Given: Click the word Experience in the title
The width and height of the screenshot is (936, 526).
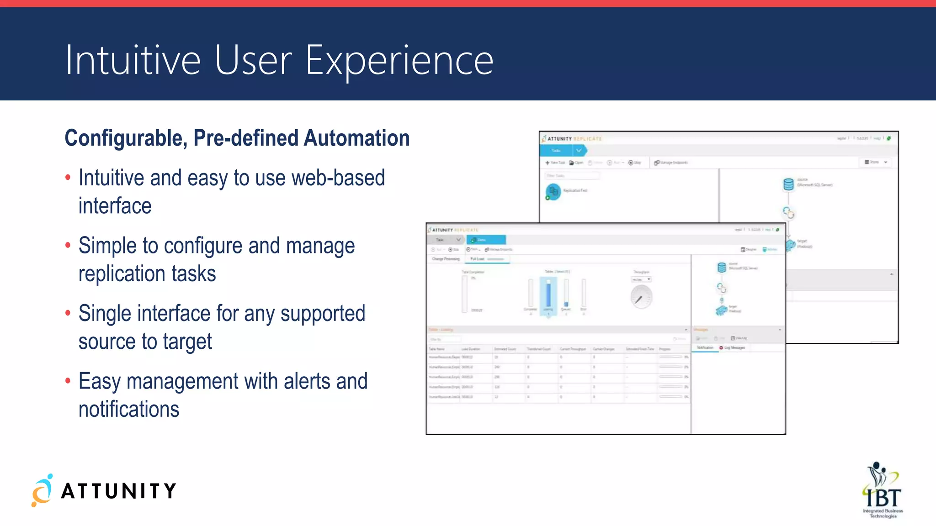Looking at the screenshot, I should coord(399,61).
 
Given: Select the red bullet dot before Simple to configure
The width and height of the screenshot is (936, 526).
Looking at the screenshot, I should coord(68,246).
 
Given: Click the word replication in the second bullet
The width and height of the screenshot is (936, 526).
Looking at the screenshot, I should coord(122,274).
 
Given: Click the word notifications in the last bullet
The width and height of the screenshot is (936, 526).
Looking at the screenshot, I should coord(129,410).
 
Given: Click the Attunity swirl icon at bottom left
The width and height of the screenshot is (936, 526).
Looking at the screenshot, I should coord(42,491).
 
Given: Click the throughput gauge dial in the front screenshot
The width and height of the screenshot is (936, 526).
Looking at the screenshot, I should coord(641,297).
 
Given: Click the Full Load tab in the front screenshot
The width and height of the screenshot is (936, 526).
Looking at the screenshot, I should coord(478,259).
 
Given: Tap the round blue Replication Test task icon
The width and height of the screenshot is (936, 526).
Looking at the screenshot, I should coord(553,191).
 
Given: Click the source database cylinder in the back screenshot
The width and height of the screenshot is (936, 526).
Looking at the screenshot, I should coord(788,184).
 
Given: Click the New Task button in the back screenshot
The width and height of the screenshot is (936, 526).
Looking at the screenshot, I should coord(555,163).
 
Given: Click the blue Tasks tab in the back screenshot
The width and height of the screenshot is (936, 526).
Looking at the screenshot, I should coord(556,150).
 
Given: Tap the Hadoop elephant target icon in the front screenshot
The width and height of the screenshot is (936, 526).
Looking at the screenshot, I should coord(721,310).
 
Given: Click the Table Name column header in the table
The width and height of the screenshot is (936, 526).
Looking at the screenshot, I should coord(437,349).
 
